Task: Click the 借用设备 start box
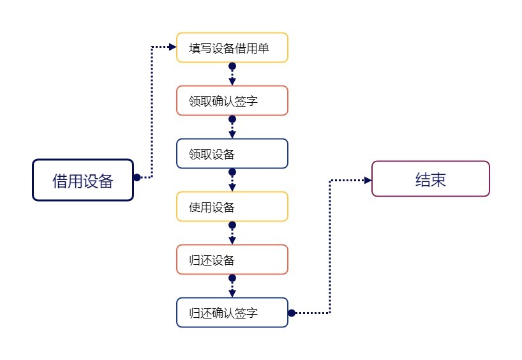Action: pos(83,181)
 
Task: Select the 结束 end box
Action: pos(430,179)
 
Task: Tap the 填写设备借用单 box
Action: pos(232,48)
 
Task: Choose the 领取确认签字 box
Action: pos(232,101)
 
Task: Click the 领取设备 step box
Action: pos(232,154)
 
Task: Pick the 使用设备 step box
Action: pos(232,207)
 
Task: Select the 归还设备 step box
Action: pos(232,260)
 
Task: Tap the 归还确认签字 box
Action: pos(232,313)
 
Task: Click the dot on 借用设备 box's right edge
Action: pos(137,177)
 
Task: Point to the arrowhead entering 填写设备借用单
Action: pos(172,47)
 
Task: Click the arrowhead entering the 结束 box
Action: pos(368,180)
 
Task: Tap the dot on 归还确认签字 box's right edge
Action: pos(291,313)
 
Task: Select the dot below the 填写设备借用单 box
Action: pos(232,66)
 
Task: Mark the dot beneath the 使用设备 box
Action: pos(232,225)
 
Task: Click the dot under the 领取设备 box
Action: pos(232,172)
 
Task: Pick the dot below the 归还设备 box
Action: pos(232,278)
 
